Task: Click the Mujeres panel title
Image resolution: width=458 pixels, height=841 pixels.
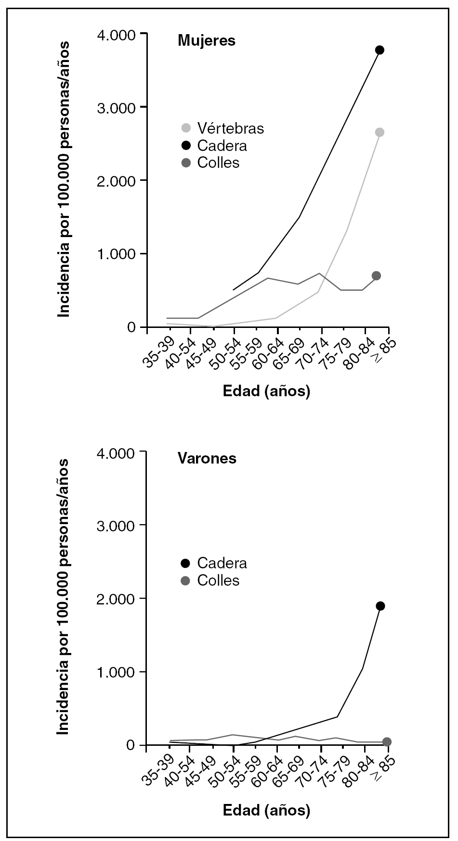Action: click(x=207, y=40)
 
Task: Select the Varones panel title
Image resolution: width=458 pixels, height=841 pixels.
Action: click(x=207, y=458)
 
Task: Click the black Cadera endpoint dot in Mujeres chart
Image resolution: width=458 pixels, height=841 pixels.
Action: click(x=379, y=50)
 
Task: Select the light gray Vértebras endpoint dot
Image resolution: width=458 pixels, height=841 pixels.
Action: click(x=379, y=132)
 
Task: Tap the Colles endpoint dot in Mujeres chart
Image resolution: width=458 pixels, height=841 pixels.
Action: click(x=376, y=276)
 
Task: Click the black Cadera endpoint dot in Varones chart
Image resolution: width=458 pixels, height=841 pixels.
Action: click(x=380, y=606)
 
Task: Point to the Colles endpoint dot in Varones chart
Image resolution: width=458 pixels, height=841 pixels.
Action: click(x=387, y=742)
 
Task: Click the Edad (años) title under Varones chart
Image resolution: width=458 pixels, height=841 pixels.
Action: click(x=266, y=810)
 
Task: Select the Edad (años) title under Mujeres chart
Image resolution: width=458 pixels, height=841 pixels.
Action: click(x=266, y=391)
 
